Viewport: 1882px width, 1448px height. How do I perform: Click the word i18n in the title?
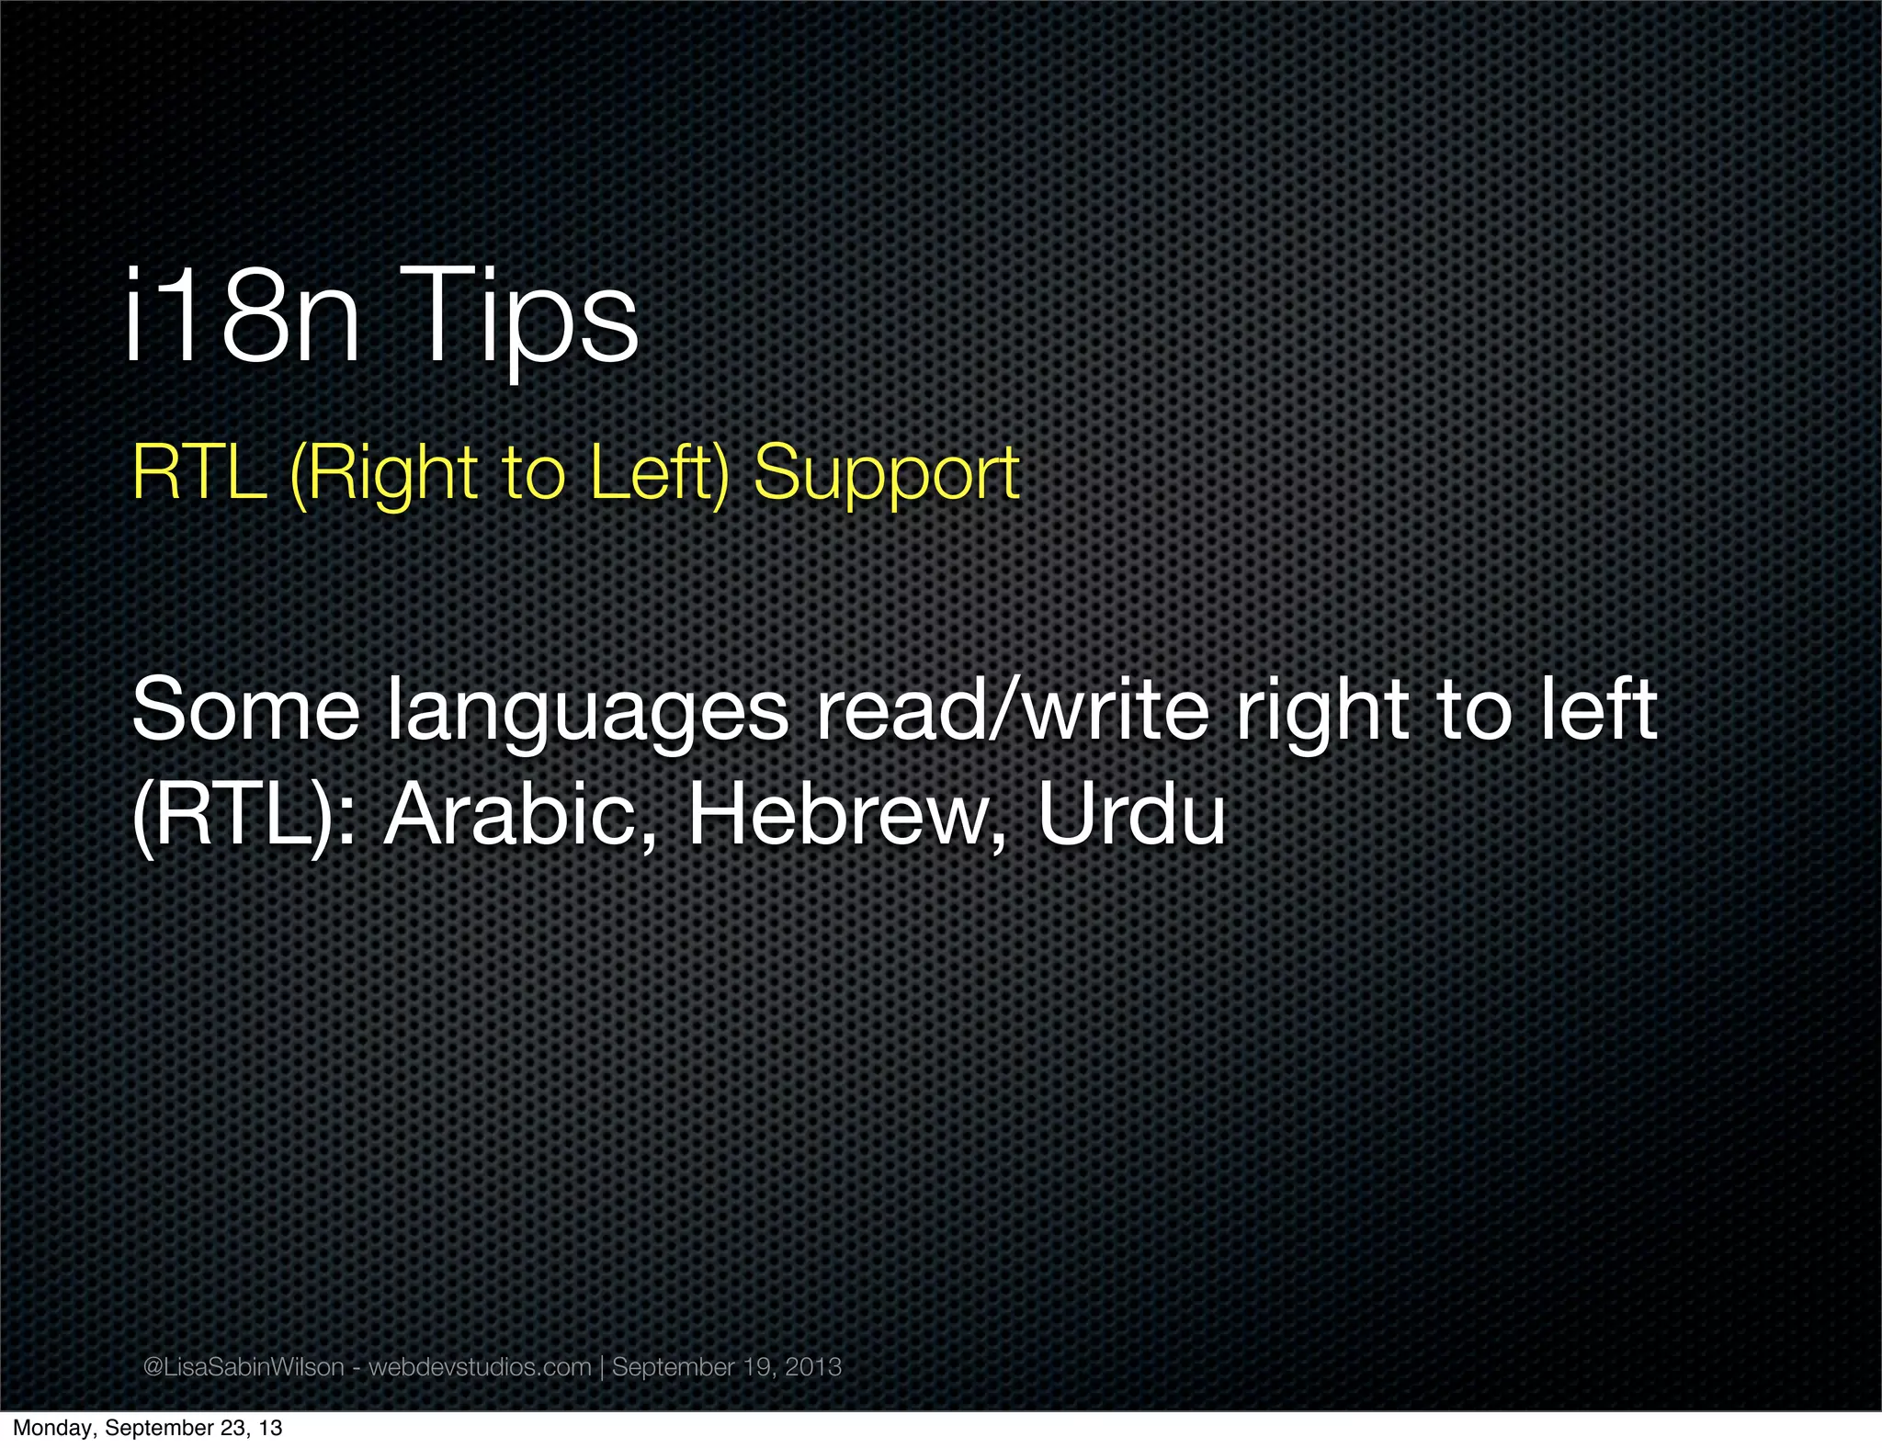(x=242, y=317)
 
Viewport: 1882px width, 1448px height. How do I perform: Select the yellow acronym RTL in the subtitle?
(x=199, y=473)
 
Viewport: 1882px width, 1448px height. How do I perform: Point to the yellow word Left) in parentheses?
(x=658, y=473)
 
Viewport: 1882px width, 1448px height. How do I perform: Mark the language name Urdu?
(x=1132, y=815)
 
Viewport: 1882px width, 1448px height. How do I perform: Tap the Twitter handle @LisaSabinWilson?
(x=244, y=1367)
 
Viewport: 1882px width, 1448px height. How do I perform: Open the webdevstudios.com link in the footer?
(x=480, y=1367)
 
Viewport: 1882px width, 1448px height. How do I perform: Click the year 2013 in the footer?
(x=813, y=1367)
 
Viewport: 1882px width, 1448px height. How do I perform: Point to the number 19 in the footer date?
(x=757, y=1367)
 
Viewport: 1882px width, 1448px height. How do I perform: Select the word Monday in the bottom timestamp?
(x=54, y=1429)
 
